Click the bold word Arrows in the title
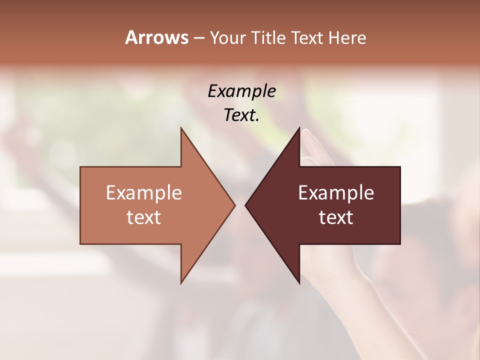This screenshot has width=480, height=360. (x=156, y=37)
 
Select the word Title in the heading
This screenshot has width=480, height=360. (x=268, y=38)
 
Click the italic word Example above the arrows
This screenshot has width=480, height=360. (x=241, y=91)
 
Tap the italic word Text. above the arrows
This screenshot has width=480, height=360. (x=241, y=115)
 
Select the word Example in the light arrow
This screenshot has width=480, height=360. (x=144, y=193)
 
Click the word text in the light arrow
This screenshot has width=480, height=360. (x=144, y=217)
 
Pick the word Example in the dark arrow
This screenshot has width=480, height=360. (x=336, y=193)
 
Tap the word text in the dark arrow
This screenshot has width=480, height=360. (x=336, y=217)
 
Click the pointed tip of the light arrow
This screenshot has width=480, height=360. (x=234, y=205)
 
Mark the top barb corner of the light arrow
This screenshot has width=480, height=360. (x=181, y=128)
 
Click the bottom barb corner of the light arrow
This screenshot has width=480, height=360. (x=181, y=283)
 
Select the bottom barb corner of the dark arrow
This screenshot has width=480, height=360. (x=299, y=283)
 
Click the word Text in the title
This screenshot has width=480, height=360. (x=307, y=38)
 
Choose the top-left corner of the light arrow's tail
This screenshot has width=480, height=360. (x=81, y=167)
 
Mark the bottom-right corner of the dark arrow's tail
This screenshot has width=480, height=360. (x=400, y=243)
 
